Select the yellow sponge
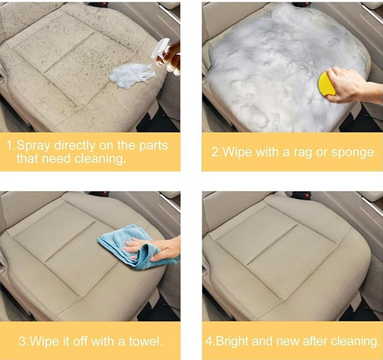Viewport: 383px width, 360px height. point(327,83)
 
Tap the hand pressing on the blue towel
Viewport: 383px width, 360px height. point(152,249)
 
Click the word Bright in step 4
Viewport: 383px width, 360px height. point(232,341)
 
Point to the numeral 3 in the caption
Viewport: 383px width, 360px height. point(22,341)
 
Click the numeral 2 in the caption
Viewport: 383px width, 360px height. point(215,153)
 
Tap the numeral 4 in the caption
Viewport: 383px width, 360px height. point(209,341)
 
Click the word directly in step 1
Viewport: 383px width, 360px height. point(75,146)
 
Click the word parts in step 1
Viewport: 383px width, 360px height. point(153,146)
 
